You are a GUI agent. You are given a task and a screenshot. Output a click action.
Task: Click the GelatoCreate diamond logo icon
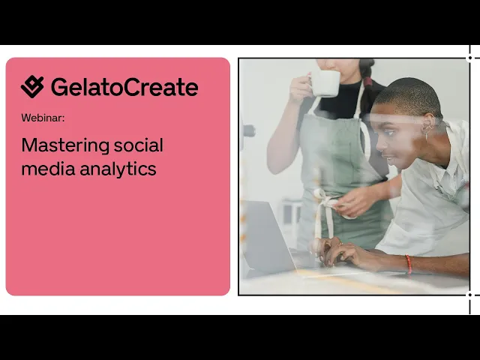[32, 87]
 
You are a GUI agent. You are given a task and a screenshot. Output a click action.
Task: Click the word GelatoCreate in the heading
[124, 87]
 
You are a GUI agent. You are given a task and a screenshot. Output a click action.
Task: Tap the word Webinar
[43, 118]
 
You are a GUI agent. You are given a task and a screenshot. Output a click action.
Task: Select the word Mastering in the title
[65, 145]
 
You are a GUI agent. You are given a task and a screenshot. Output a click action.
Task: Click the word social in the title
[139, 145]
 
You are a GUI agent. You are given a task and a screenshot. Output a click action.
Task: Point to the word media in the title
[48, 168]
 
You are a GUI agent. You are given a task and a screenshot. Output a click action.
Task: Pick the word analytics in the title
[118, 169]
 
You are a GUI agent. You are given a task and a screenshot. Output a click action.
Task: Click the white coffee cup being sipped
[325, 82]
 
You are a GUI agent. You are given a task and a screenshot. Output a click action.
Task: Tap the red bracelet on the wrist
[408, 264]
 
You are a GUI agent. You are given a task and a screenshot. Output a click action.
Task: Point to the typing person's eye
[388, 133]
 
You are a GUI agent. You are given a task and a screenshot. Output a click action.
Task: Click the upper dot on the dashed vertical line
[469, 58]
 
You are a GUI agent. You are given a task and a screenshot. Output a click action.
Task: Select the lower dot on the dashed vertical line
[469, 295]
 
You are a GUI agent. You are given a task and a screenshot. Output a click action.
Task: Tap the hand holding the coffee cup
[300, 88]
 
